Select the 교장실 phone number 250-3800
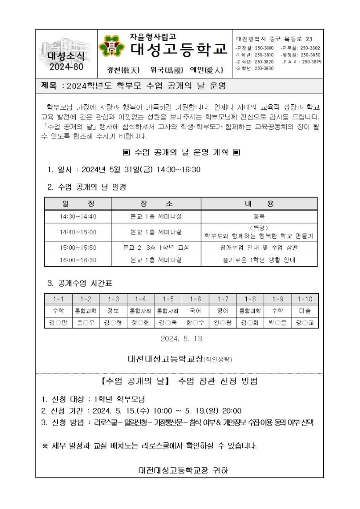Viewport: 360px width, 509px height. click(x=263, y=47)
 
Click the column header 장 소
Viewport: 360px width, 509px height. click(x=156, y=204)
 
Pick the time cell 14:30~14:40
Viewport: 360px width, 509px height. click(x=78, y=217)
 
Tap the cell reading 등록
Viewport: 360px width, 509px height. click(x=259, y=216)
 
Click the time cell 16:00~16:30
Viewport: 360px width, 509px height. click(x=78, y=260)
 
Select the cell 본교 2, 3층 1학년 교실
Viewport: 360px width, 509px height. click(x=156, y=247)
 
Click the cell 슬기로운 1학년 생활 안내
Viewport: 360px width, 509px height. click(x=259, y=260)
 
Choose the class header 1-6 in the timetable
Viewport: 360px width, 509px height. click(x=195, y=299)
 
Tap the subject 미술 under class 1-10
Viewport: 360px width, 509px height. click(x=305, y=310)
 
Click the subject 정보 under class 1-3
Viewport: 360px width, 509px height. click(x=113, y=310)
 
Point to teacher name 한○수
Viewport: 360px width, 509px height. click(x=195, y=322)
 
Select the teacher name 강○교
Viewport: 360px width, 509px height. click(x=305, y=322)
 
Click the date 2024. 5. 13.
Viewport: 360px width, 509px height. click(x=182, y=339)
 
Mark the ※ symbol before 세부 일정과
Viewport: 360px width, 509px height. click(x=44, y=446)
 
